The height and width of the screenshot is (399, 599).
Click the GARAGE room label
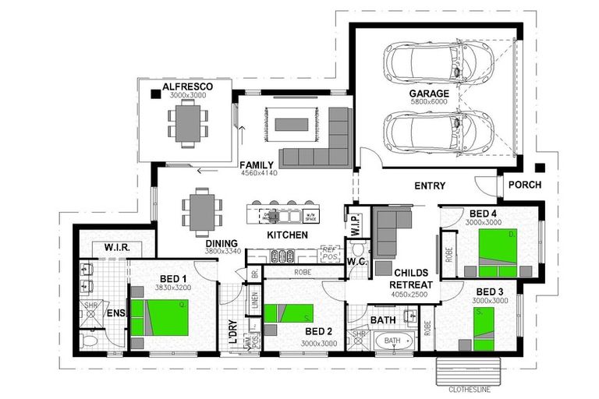[x=429, y=94]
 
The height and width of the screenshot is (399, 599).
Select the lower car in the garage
[x=438, y=129]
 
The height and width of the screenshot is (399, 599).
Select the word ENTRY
[x=430, y=186]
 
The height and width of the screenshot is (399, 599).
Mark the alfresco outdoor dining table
[x=186, y=123]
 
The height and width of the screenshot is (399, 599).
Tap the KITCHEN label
[x=288, y=235]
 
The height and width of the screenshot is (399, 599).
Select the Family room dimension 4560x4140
[x=258, y=173]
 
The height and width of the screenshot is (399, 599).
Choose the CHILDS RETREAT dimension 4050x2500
[x=411, y=295]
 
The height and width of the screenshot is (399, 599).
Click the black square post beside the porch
[x=539, y=168]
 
